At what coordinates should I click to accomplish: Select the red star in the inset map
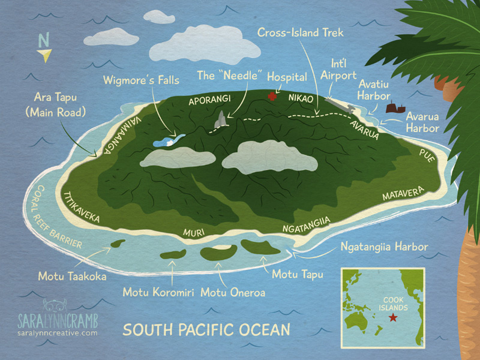393,317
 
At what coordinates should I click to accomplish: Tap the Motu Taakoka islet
118,245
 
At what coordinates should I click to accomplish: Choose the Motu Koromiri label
158,292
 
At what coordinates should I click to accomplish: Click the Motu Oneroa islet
219,253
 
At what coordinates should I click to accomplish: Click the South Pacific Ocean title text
206,329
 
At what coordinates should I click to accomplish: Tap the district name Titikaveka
80,207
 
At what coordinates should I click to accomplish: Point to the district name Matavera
403,194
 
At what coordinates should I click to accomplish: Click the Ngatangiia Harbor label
383,247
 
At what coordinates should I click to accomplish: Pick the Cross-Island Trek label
301,32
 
